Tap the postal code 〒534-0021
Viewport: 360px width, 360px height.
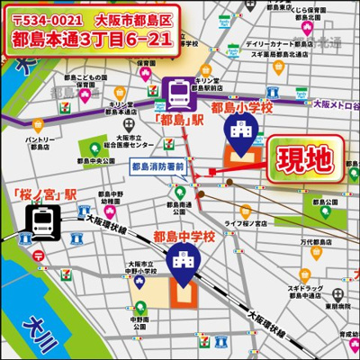point(45,18)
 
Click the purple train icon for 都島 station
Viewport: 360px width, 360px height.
point(178,93)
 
